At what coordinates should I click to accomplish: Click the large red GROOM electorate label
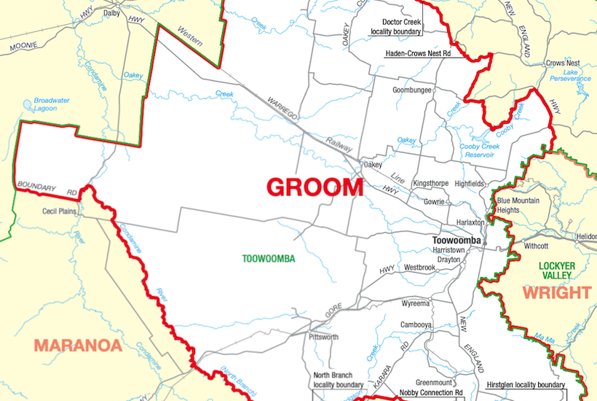coord(315,187)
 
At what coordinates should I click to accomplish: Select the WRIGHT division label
coord(556,293)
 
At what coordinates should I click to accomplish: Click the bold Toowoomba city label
coord(456,240)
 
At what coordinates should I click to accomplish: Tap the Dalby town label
coord(111,13)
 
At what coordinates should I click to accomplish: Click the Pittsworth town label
coord(324,338)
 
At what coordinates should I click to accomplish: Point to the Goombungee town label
coord(412,90)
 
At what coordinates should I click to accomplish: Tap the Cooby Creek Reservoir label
coord(480,150)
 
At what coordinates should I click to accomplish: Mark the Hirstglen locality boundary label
coord(523,385)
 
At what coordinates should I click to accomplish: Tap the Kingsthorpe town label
coord(430,183)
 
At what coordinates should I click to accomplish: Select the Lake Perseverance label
coord(571,74)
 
